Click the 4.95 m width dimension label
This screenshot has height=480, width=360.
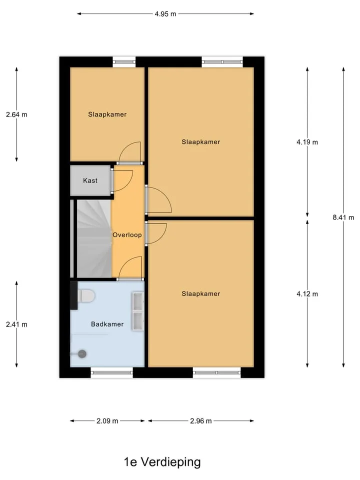[x=165, y=14]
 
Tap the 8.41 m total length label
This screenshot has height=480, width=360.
[x=343, y=217]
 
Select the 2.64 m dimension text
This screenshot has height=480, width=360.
[x=16, y=114]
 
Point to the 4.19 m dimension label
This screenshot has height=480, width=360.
[x=307, y=142]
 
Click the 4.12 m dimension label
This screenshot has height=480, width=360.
[x=307, y=294]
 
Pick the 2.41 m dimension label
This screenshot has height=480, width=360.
[x=16, y=324]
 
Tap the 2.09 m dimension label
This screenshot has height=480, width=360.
[x=107, y=421]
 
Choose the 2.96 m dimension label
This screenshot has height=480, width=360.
[x=201, y=421]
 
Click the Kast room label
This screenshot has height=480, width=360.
[x=90, y=180]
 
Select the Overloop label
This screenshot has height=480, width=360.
[x=127, y=235]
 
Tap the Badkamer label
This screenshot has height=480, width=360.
[x=107, y=324]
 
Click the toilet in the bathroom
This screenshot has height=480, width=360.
[x=86, y=295]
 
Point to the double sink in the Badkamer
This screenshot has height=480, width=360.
[x=138, y=311]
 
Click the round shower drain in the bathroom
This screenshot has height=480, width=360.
[x=81, y=354]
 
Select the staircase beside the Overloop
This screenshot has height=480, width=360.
[x=93, y=238]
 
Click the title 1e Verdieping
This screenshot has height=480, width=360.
[x=162, y=462]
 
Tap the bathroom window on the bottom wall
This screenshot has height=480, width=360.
[x=111, y=372]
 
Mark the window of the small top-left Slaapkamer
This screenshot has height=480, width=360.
[x=124, y=62]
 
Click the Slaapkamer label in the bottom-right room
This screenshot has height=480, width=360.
[x=201, y=294]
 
